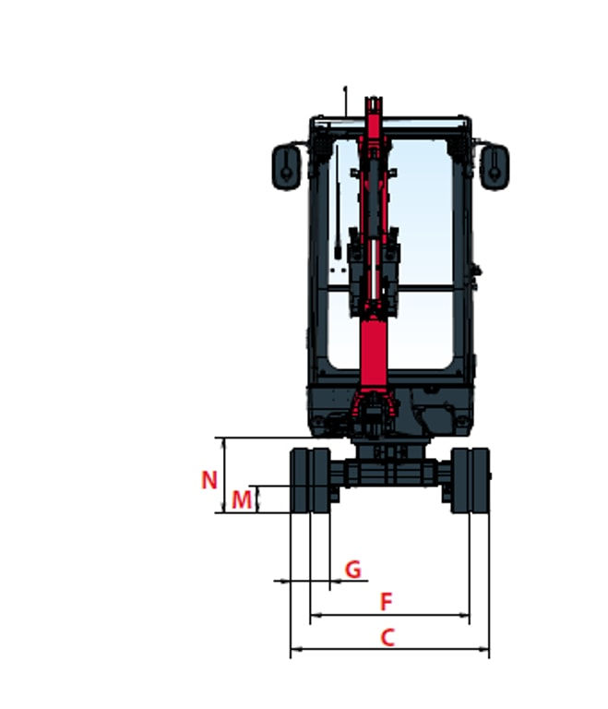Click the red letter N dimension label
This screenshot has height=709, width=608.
pos(209,480)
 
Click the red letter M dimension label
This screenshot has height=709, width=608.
pos(242,500)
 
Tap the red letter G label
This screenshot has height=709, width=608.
pos(353,570)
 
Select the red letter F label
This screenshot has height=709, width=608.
pos(386,601)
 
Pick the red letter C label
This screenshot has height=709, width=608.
pos(387,638)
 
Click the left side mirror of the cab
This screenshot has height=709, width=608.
pos(286,166)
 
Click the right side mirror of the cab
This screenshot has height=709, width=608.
pos(495,166)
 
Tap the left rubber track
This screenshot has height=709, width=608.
pos(310,480)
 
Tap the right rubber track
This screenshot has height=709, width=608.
pos(471,480)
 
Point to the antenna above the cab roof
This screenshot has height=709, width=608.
pos(345,101)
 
